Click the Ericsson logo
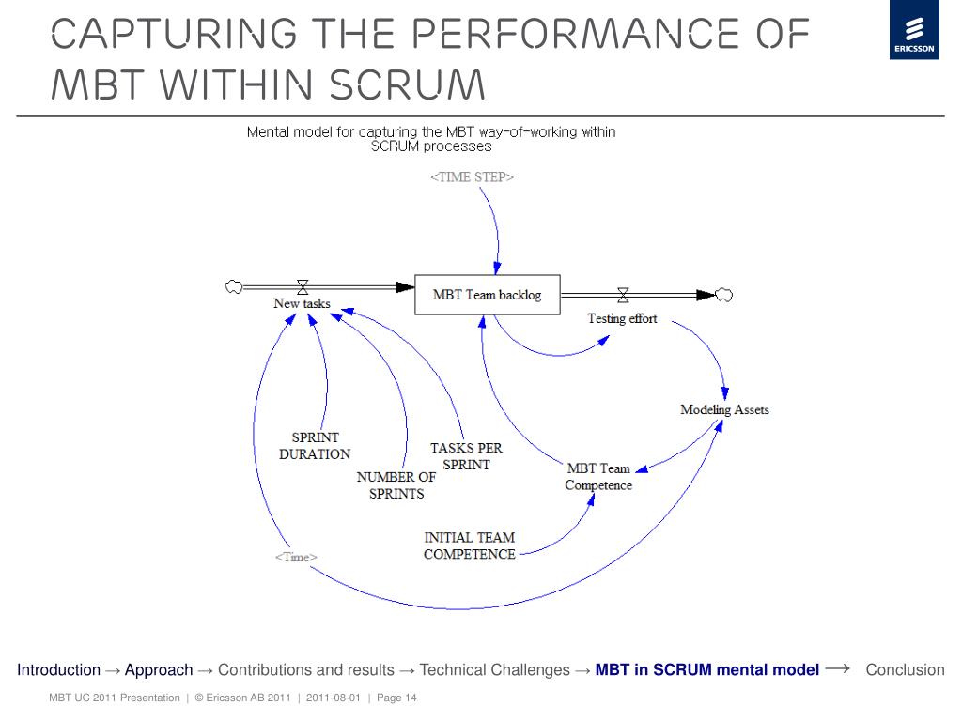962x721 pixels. [914, 29]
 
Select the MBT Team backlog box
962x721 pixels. [488, 295]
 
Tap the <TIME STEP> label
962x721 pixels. [472, 177]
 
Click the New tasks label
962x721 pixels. [302, 303]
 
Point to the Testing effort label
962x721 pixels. [622, 319]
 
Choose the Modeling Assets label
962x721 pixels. [724, 409]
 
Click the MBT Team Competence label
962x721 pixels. [598, 476]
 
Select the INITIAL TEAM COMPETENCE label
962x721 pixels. [470, 545]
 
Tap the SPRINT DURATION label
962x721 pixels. [315, 446]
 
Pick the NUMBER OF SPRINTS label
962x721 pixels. [396, 485]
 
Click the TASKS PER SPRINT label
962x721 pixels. [466, 456]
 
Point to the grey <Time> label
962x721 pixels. [296, 557]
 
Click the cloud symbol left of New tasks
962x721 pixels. [234, 286]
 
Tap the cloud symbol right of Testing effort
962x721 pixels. [724, 295]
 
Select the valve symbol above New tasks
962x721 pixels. [303, 287]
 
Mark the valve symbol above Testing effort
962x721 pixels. [623, 296]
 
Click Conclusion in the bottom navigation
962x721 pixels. [905, 669]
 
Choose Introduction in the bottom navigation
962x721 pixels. [58, 669]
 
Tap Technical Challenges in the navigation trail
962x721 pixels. [494, 669]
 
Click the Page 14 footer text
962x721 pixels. [396, 698]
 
